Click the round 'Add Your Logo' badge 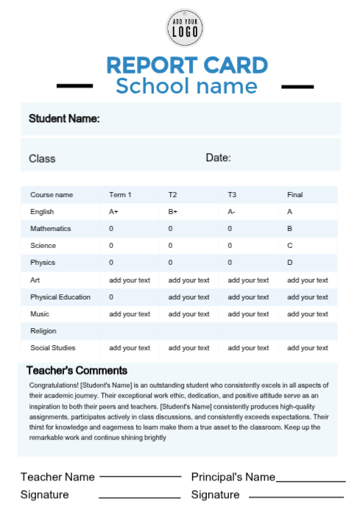click(x=184, y=28)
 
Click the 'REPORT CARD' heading click(x=186, y=65)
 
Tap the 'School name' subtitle click(x=186, y=86)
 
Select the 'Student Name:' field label click(x=64, y=118)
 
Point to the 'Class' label click(x=42, y=158)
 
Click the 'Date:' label click(x=218, y=157)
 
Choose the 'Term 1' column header click(x=120, y=195)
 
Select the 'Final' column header click(x=294, y=195)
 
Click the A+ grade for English click(x=113, y=212)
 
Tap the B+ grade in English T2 click(x=173, y=212)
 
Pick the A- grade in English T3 click(x=232, y=212)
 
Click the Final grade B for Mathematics click(x=289, y=229)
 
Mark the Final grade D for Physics click(x=289, y=263)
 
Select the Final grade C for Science click(x=289, y=246)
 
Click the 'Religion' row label click(x=43, y=331)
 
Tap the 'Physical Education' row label click(x=60, y=297)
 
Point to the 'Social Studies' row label click(x=52, y=348)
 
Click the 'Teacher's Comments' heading click(x=77, y=370)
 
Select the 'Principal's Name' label click(x=233, y=477)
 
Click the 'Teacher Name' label click(x=57, y=477)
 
